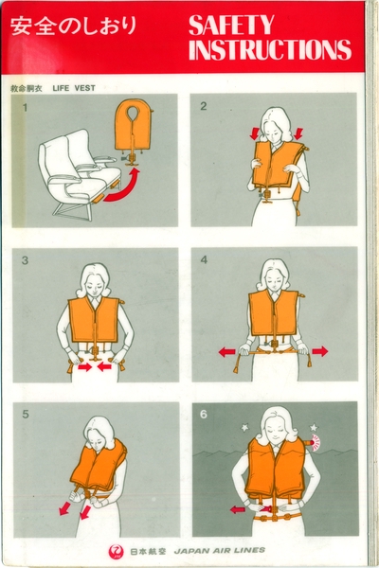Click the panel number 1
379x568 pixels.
(x=24, y=106)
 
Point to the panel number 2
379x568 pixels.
(x=203, y=106)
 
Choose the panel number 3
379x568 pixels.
(x=24, y=259)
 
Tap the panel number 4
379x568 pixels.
(x=203, y=259)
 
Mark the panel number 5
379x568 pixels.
(x=24, y=414)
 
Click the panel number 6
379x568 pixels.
(x=203, y=414)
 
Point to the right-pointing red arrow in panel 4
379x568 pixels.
(x=318, y=351)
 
